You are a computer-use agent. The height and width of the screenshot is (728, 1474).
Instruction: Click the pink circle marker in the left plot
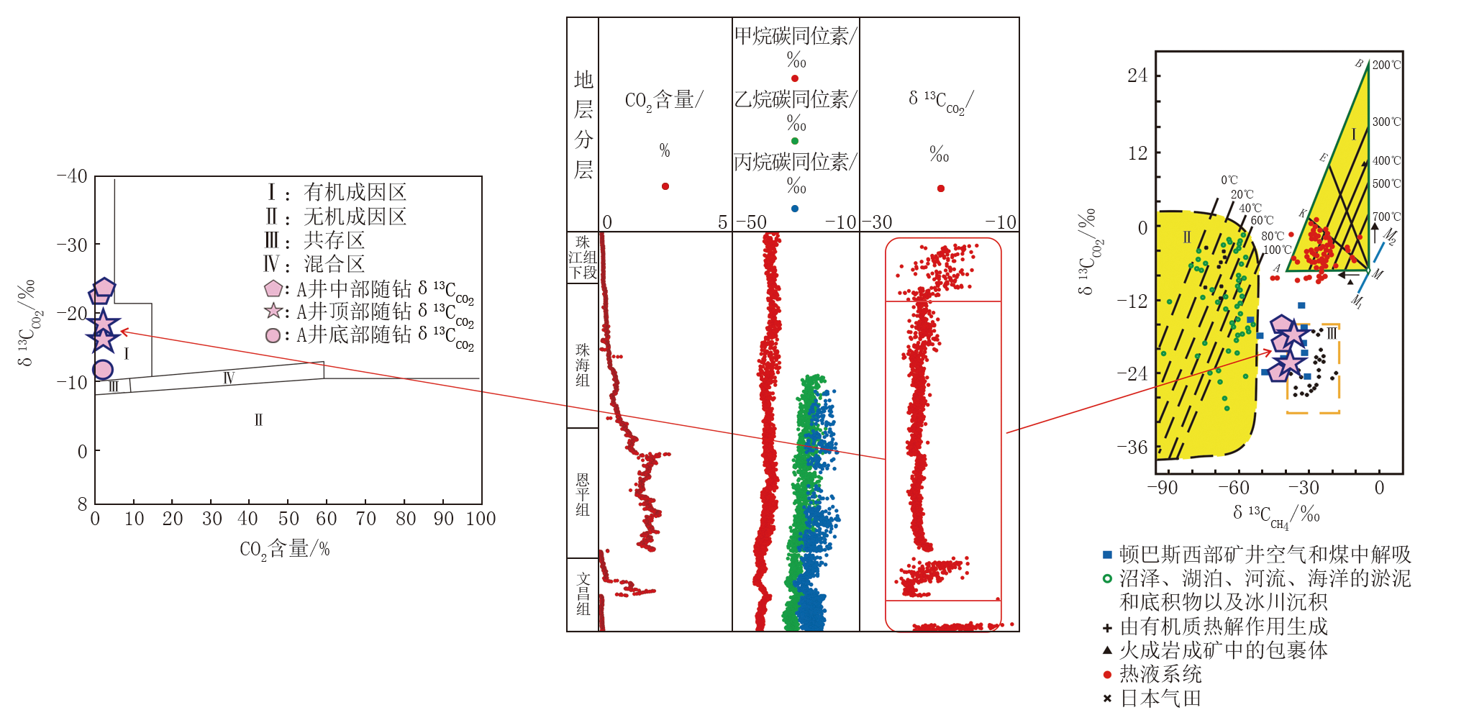[x=103, y=369]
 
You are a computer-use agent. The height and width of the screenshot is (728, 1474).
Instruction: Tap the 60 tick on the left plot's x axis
[x=326, y=519]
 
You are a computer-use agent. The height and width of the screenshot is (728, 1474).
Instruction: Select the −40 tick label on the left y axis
[x=72, y=176]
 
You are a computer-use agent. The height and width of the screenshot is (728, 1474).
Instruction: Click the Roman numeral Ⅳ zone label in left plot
[x=229, y=378]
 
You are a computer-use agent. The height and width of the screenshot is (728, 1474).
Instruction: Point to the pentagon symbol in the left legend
[x=273, y=289]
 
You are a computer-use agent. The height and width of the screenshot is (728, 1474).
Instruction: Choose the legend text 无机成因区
[x=355, y=217]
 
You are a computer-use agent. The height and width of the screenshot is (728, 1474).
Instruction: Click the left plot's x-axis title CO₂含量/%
[x=285, y=550]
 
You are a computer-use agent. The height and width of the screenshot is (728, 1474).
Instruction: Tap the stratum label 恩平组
[x=583, y=494]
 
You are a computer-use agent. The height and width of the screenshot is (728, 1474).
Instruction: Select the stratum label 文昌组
[x=583, y=593]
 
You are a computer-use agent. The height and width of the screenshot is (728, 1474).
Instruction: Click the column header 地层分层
[x=583, y=124]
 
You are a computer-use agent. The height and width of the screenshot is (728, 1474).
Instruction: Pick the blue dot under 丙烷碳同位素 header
[x=794, y=209]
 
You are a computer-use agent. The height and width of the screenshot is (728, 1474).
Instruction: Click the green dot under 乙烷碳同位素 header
[x=794, y=141]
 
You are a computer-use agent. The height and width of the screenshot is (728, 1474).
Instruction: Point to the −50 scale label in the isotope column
[x=751, y=222]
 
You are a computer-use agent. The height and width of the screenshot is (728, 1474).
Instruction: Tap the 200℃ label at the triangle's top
[x=1386, y=65]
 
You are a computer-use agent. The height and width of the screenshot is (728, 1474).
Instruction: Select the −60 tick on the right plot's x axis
[x=1233, y=488]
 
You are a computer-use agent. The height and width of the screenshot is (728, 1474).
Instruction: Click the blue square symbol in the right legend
[x=1107, y=555]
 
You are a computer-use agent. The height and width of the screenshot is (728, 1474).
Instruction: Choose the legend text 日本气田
[x=1160, y=699]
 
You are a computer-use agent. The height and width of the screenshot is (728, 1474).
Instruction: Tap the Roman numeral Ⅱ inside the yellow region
[x=1186, y=237]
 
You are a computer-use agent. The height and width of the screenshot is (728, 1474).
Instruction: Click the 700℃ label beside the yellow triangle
[x=1386, y=217]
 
